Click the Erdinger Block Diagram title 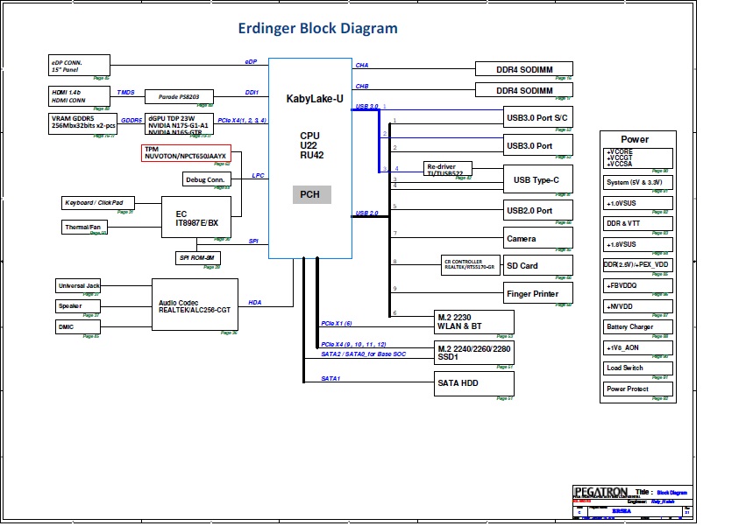click(317, 28)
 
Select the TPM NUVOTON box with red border click(186, 152)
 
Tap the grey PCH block click(311, 195)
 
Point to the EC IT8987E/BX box click(196, 219)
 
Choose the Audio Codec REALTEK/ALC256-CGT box click(195, 305)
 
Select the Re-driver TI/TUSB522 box click(448, 170)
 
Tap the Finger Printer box click(537, 294)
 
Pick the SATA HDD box click(474, 382)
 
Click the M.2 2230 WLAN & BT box click(474, 321)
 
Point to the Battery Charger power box click(636, 327)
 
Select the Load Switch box click(636, 368)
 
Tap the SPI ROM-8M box click(198, 257)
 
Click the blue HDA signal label click(255, 303)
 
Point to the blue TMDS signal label click(126, 92)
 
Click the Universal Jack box click(79, 286)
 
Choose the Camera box click(537, 238)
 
